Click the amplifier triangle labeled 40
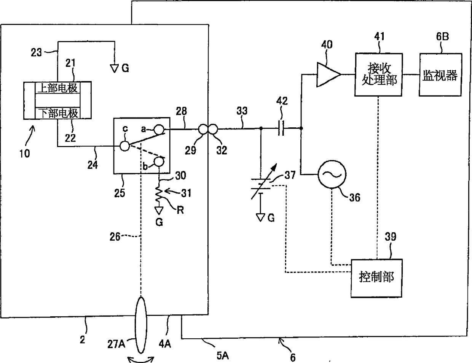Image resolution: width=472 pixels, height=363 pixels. pyautogui.click(x=328, y=75)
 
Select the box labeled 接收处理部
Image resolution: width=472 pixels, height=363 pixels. pyautogui.click(x=378, y=75)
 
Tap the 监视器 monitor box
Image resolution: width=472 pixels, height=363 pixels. pyautogui.click(x=440, y=75)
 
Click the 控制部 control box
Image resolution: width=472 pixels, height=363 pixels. pyautogui.click(x=376, y=278)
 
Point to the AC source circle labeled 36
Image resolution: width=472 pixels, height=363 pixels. pyautogui.click(x=332, y=174)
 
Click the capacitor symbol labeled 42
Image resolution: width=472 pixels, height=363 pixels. pyautogui.click(x=281, y=128)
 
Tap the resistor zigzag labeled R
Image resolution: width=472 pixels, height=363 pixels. pyautogui.click(x=159, y=193)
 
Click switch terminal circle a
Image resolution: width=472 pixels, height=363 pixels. pyautogui.click(x=159, y=130)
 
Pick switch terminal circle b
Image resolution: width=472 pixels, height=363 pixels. pyautogui.click(x=159, y=162)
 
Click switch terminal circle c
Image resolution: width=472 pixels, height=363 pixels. pyautogui.click(x=125, y=146)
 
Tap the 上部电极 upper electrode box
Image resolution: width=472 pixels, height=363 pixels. pyautogui.click(x=57, y=88)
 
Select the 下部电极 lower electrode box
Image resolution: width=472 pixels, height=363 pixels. pyautogui.click(x=57, y=113)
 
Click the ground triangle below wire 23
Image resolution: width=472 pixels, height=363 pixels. pyautogui.click(x=115, y=68)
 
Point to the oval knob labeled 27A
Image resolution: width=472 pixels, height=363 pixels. pyautogui.click(x=141, y=325)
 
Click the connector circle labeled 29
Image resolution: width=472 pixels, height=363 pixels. pyautogui.click(x=204, y=129)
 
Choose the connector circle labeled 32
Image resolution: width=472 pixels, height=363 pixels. pyautogui.click(x=213, y=129)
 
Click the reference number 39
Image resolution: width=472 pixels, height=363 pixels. pyautogui.click(x=390, y=236)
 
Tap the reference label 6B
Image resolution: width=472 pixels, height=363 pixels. pyautogui.click(x=442, y=36)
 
